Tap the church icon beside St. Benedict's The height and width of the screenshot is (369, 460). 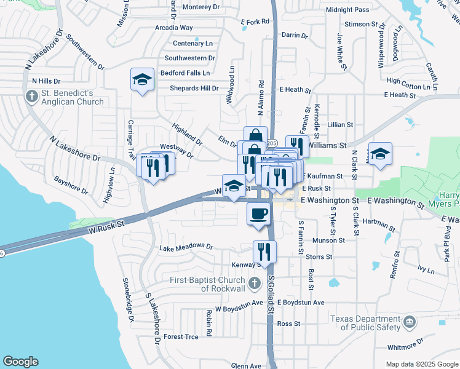(31, 96)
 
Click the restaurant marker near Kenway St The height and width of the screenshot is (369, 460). (265, 251)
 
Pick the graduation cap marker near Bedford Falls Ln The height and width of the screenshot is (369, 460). (142, 79)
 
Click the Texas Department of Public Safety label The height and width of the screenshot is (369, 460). (367, 323)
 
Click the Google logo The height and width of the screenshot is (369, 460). (21, 362)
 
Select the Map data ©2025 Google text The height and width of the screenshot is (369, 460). (421, 364)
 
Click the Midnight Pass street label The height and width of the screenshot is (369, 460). (347, 10)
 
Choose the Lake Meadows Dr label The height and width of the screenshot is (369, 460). (186, 248)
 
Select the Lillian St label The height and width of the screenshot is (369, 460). (339, 124)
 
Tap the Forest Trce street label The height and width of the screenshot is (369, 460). (181, 336)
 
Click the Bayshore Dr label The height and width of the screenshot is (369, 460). (73, 181)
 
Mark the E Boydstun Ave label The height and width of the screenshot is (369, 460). (301, 303)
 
